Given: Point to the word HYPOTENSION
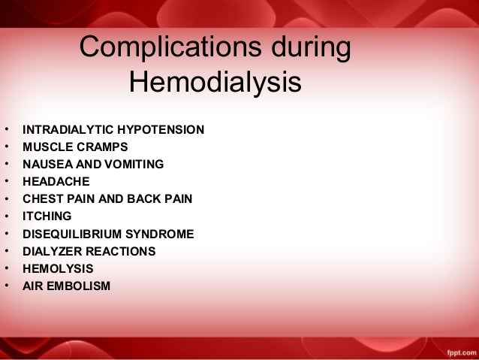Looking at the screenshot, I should [157, 130].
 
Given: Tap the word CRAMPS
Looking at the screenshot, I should [101, 147].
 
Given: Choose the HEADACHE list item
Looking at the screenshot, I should [56, 182].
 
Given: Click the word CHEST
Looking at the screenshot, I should [42, 199].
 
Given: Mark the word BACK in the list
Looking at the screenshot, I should [145, 199].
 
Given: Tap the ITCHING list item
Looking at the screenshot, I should [47, 216].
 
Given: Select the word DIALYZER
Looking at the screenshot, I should [52, 251].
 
